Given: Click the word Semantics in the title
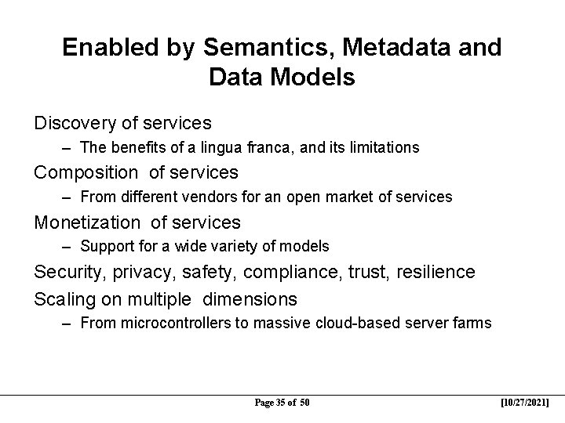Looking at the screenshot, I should point(257,49).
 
